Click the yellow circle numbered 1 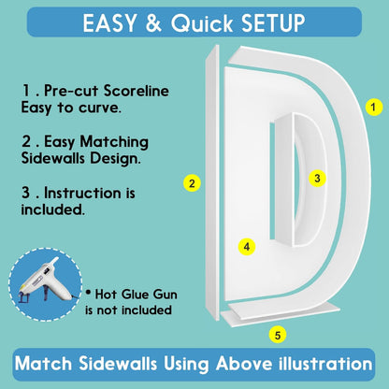click(x=374, y=108)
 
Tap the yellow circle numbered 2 click(x=192, y=183)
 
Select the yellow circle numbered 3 click(x=317, y=179)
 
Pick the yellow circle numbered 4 click(x=247, y=247)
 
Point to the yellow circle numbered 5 click(x=278, y=335)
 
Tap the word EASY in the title click(x=110, y=22)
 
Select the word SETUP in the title click(x=273, y=22)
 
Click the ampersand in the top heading click(x=153, y=22)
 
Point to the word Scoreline click(x=137, y=91)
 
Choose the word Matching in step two click(x=114, y=142)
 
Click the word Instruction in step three click(x=82, y=193)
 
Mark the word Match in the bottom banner click(x=43, y=364)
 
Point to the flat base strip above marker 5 click(x=280, y=313)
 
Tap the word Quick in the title click(x=202, y=23)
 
